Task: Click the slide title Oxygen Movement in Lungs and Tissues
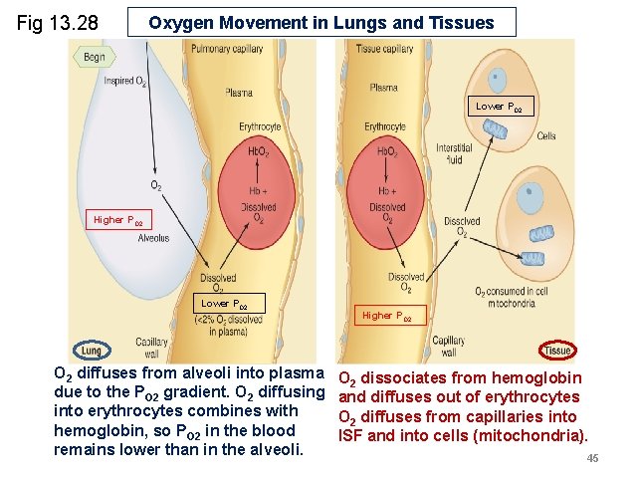point(321,23)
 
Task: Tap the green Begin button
point(93,58)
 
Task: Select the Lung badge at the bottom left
point(92,352)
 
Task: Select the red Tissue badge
point(557,351)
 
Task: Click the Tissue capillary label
point(384,49)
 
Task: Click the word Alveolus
point(153,239)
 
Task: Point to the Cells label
point(546,135)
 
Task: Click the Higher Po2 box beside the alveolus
point(118,220)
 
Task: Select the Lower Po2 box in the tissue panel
point(498,107)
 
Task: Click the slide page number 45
point(592,458)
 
